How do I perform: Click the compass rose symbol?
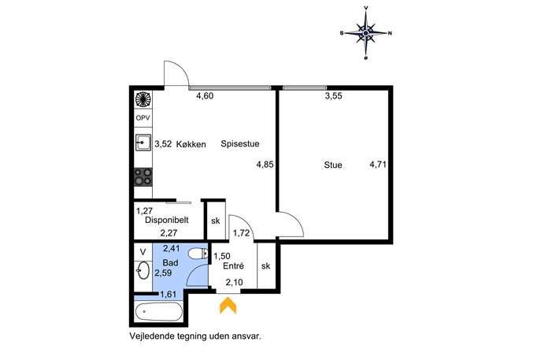click(365, 33)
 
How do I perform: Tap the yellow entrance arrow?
click(228, 306)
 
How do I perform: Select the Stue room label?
click(333, 165)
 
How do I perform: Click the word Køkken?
click(191, 144)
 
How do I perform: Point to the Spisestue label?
click(240, 144)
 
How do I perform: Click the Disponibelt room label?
click(167, 220)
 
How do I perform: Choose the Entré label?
click(234, 265)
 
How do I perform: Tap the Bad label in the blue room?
click(170, 263)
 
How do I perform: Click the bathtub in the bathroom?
click(159, 312)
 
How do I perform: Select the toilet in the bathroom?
click(198, 254)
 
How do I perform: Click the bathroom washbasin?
click(143, 270)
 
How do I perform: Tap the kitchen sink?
click(143, 143)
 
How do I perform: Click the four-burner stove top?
click(143, 176)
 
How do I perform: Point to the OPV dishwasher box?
click(143, 118)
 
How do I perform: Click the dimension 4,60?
click(205, 96)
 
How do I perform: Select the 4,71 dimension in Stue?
click(378, 165)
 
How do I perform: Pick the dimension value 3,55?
click(334, 96)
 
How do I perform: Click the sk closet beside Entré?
click(266, 265)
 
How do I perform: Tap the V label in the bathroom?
click(143, 252)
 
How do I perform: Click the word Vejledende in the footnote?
click(151, 336)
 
